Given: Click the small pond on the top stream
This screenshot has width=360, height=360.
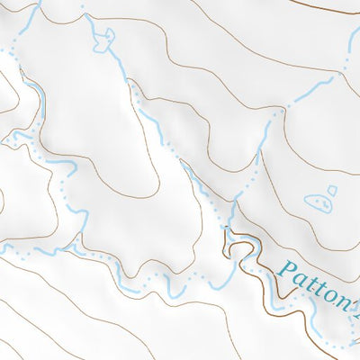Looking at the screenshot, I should tap(104, 38).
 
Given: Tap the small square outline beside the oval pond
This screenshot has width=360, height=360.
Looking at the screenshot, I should tap(332, 190).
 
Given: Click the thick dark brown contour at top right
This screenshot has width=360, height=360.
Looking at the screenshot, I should tap(333, 9).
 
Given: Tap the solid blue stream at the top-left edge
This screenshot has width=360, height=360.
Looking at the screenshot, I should tap(27, 22).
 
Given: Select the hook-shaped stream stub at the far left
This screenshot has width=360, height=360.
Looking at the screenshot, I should tap(13, 139).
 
